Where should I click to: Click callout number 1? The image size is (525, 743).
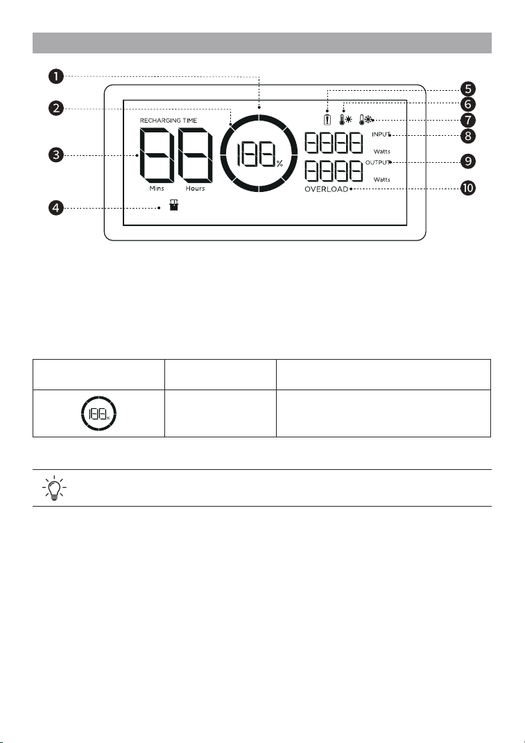pos(56,76)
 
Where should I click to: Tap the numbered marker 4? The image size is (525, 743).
pos(56,207)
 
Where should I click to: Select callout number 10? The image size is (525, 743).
pos(467,188)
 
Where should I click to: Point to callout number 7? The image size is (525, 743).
pos(467,120)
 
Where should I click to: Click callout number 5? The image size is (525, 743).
pos(467,89)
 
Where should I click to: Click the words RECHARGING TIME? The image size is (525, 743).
pos(169,121)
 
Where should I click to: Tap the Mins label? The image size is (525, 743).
pos(157,188)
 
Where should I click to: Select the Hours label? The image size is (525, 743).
pos(196,188)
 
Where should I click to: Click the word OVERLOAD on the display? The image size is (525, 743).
pos(326,189)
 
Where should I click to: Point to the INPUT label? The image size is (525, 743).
pos(381,134)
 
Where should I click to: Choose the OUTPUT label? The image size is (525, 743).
pos(378,162)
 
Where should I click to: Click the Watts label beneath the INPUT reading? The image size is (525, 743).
pos(381,152)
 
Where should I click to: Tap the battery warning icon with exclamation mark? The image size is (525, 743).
pos(327,119)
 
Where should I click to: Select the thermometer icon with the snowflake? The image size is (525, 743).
pos(366,119)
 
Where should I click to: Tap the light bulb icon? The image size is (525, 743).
pos(54,488)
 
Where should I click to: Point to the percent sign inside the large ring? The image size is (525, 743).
pos(279,164)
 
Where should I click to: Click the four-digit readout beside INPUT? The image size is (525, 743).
pos(334,143)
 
